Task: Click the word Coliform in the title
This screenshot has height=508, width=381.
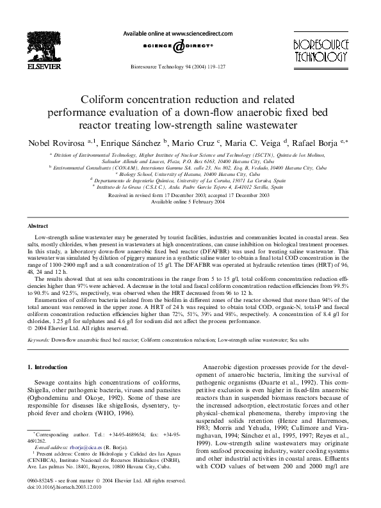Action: pos(104,100)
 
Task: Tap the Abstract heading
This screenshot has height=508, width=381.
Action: pos(40,226)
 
